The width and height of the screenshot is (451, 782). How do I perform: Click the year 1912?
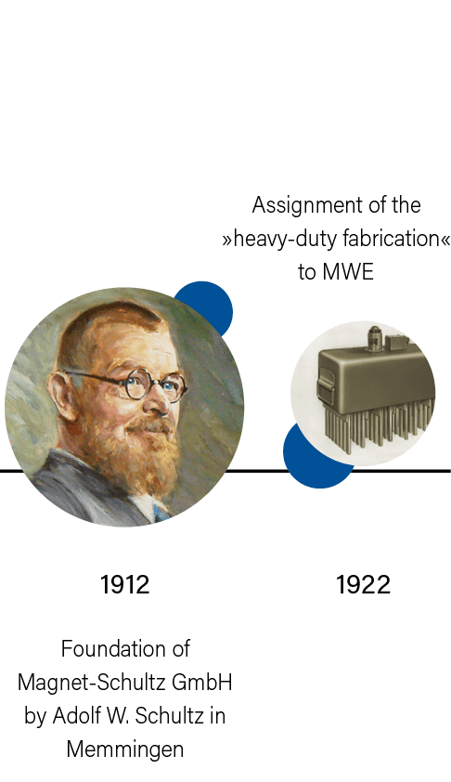pos(124,584)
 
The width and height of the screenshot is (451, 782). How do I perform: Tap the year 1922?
pos(363,584)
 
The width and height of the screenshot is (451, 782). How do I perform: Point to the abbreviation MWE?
pos(348,272)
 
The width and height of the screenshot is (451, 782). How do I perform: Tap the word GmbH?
pos(201,683)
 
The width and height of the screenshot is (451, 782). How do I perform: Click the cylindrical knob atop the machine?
pos(374,336)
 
